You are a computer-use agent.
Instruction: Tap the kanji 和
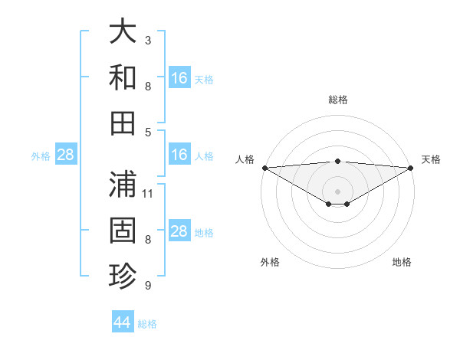(x=123, y=77)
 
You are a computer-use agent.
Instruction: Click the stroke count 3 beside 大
(x=148, y=40)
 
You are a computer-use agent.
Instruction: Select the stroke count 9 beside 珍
(x=148, y=286)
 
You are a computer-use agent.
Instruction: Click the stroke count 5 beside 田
(x=148, y=132)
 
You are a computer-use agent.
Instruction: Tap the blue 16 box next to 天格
(x=179, y=77)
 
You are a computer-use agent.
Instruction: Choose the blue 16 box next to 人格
(x=179, y=155)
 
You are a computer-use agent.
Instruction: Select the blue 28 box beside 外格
(x=66, y=155)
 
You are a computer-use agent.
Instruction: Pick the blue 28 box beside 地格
(x=179, y=231)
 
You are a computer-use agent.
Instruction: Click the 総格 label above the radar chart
(x=338, y=100)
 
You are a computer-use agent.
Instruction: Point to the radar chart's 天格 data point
(x=412, y=167)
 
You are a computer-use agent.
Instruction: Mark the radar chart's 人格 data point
(x=264, y=167)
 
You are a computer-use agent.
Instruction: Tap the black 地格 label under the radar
(x=402, y=263)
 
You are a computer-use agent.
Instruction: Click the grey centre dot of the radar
(x=338, y=190)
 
